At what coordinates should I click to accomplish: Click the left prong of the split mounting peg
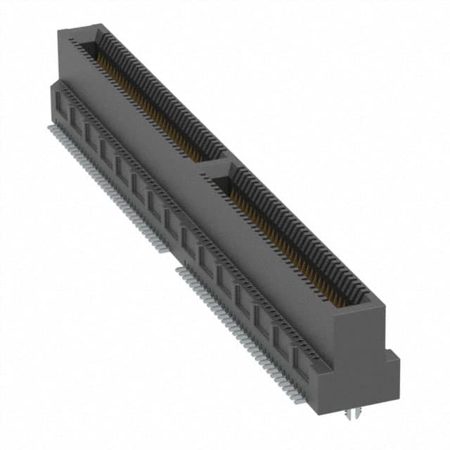click(349, 420)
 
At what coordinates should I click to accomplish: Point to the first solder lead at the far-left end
click(51, 128)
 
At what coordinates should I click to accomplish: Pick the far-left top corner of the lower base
click(50, 84)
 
